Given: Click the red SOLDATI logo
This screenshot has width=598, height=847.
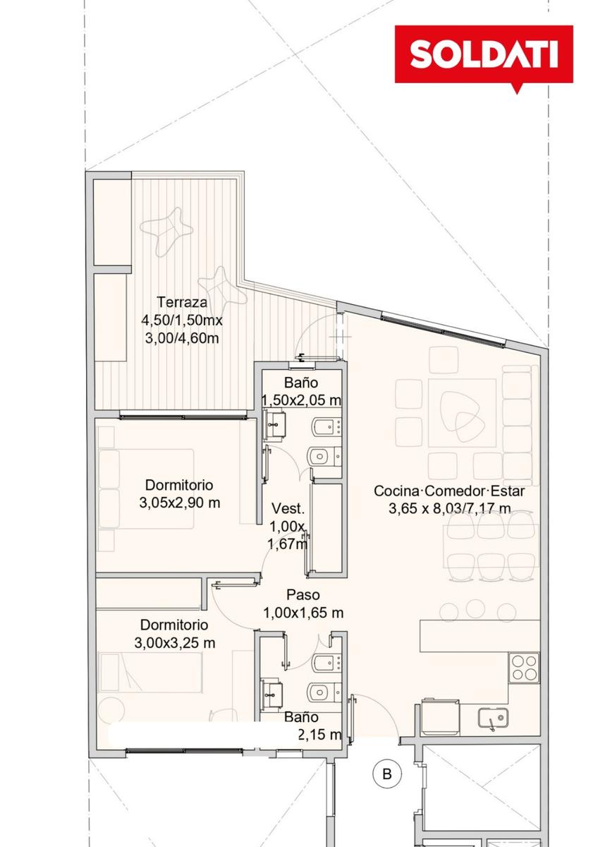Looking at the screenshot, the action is (484, 55).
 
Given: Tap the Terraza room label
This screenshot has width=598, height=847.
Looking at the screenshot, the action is (182, 302).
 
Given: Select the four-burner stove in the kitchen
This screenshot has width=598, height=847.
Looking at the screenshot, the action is (523, 668).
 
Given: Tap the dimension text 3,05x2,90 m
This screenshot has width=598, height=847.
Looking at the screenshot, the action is (179, 503).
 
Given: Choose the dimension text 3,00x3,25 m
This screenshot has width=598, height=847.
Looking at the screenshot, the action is (174, 643).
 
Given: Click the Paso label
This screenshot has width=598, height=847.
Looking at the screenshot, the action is (303, 595).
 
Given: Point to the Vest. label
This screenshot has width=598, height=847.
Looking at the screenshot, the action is (288, 509).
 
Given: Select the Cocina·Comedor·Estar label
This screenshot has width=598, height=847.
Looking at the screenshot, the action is (449, 491).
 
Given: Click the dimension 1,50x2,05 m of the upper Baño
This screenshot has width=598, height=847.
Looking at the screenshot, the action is (301, 400).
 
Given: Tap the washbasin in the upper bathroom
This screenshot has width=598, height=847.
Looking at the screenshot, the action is (274, 426).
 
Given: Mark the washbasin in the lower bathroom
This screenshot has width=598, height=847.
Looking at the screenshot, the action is (271, 695).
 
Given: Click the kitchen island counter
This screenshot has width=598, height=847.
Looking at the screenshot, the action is (480, 635).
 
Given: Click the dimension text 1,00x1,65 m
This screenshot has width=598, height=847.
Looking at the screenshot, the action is (303, 613).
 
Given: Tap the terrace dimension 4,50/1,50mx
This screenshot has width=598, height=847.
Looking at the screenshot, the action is (182, 320).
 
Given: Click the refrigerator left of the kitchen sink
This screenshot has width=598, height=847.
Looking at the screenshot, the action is (441, 717).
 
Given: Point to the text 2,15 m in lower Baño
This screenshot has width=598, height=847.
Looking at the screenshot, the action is (319, 734).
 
